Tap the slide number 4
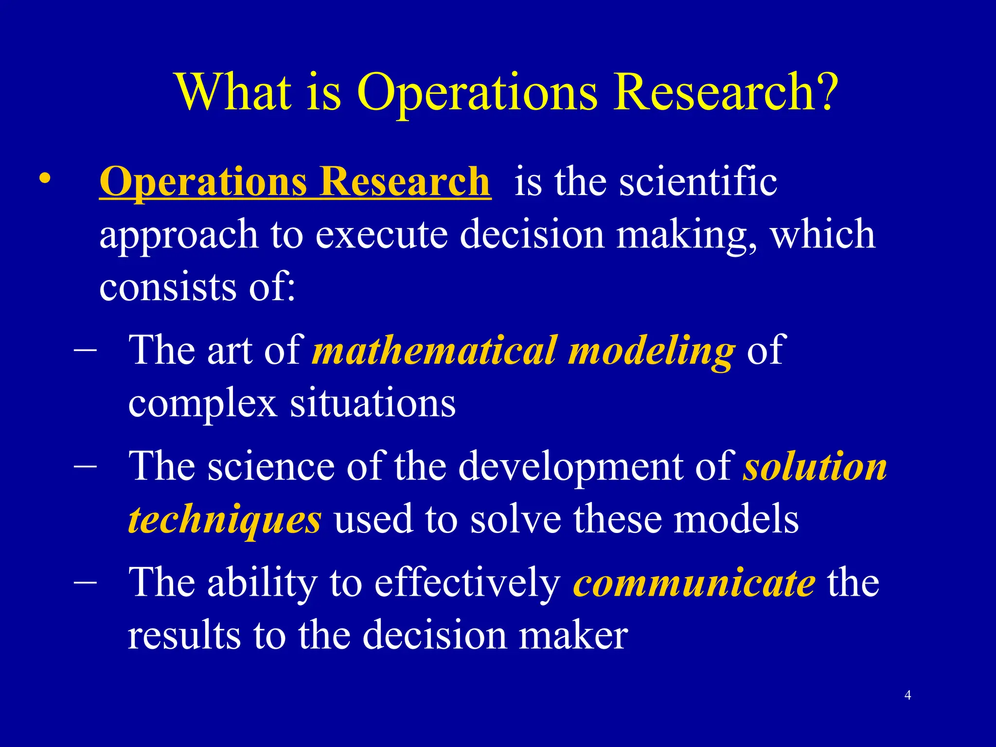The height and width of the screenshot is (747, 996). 907,695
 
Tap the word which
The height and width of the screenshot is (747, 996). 822,234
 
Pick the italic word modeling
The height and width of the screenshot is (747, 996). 652,351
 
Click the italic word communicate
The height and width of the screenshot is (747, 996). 694,583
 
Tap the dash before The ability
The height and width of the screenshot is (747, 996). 86,582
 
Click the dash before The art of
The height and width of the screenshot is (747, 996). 86,349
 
